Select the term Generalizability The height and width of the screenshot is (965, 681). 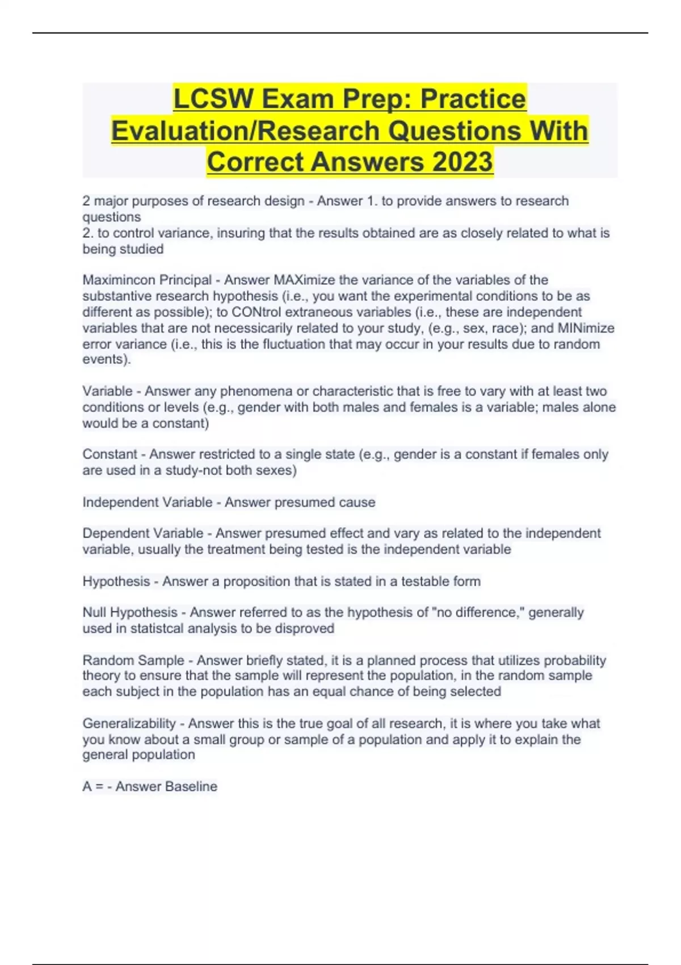coord(129,723)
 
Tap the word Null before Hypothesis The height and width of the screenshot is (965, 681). coord(94,612)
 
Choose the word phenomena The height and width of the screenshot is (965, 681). coord(255,391)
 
